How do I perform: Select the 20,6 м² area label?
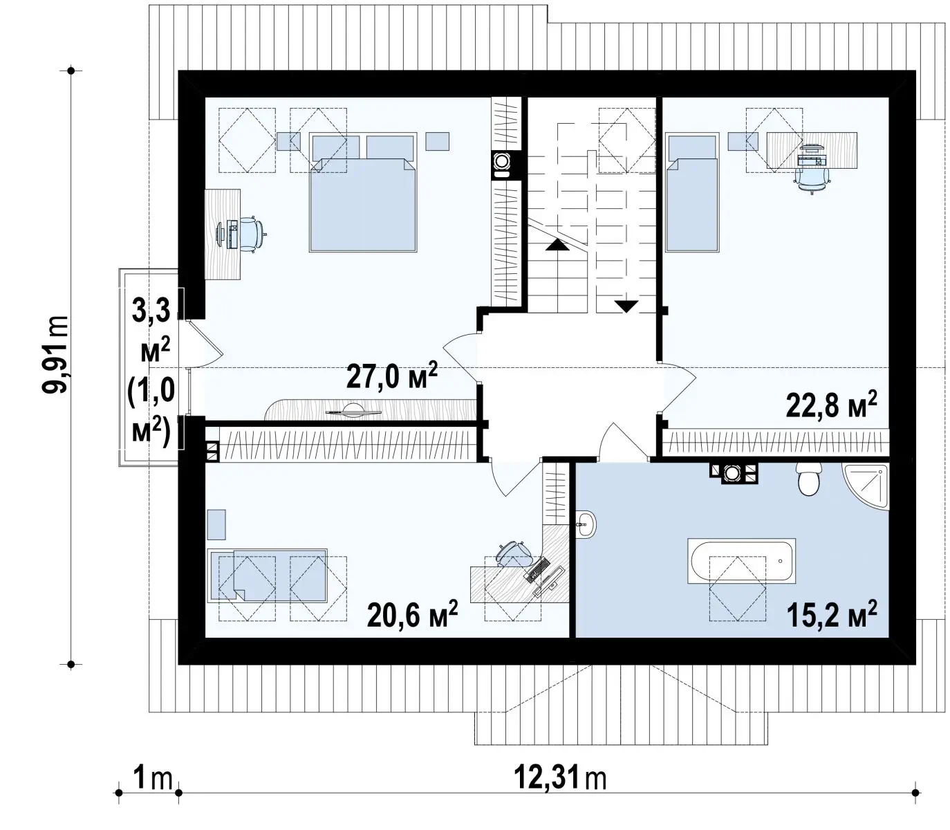pyautogui.click(x=412, y=614)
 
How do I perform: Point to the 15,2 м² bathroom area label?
pyautogui.click(x=831, y=614)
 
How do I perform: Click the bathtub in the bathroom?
pyautogui.click(x=741, y=560)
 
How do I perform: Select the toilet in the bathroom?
pyautogui.click(x=808, y=478)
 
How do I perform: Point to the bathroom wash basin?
pyautogui.click(x=586, y=524)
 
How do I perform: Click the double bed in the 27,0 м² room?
pyautogui.click(x=362, y=193)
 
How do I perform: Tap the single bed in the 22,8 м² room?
pyautogui.click(x=692, y=193)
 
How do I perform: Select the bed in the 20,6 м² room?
pyautogui.click(x=268, y=575)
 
